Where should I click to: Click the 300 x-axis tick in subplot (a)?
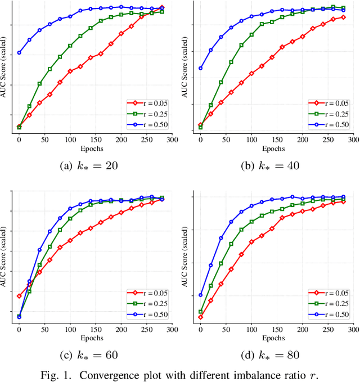pos(172,140)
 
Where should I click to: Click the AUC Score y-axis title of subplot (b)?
pos(184,68)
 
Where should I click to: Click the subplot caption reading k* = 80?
pos(272,356)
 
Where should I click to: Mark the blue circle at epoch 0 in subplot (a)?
pos(19,53)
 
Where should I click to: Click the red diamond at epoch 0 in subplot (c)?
pos(19,296)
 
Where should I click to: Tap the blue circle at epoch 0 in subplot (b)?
pos(201,68)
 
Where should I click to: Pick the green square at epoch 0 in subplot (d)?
pos(201,312)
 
